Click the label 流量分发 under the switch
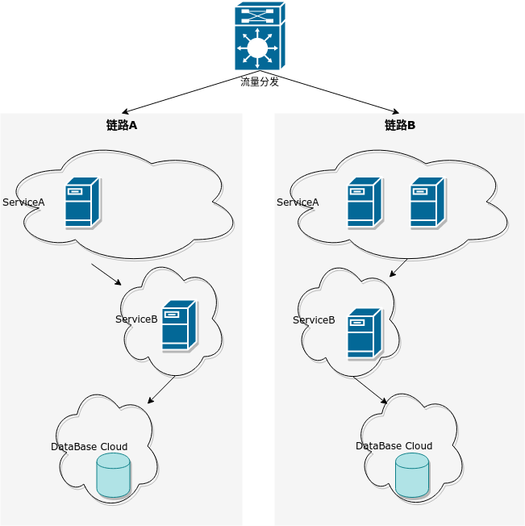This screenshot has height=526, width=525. pyautogui.click(x=260, y=81)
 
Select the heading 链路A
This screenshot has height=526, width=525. pyautogui.click(x=122, y=125)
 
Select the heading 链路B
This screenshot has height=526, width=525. pyautogui.click(x=400, y=125)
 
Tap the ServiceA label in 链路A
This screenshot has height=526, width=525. pyautogui.click(x=23, y=202)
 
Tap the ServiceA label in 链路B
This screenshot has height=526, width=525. pyautogui.click(x=298, y=202)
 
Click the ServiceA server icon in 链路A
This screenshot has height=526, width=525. pyautogui.click(x=82, y=202)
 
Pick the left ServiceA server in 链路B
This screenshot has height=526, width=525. pyautogui.click(x=365, y=202)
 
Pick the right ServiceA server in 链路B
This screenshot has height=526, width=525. pyautogui.click(x=427, y=202)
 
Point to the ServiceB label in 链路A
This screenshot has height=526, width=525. pyautogui.click(x=136, y=319)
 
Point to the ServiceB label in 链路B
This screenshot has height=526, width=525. pyautogui.click(x=314, y=320)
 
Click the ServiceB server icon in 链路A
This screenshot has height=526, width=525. pyautogui.click(x=179, y=326)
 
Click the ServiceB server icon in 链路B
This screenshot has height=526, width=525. pyautogui.click(x=365, y=333)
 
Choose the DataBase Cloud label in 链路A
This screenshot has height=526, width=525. pyautogui.click(x=89, y=446)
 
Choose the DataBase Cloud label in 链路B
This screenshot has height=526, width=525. pyautogui.click(x=394, y=446)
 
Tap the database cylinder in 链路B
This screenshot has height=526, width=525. pyautogui.click(x=412, y=474)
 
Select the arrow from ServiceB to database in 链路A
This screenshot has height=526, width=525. pyautogui.click(x=161, y=390)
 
